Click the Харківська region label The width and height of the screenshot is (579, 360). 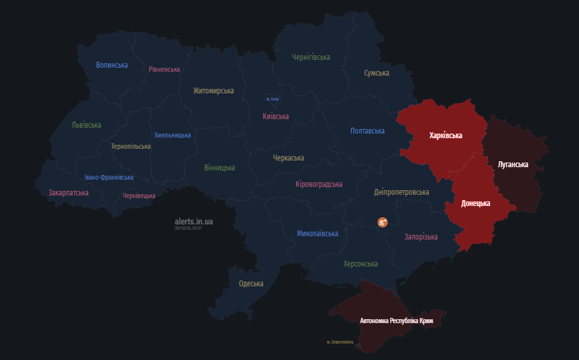click(x=445, y=136)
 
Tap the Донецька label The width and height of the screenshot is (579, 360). click(x=475, y=203)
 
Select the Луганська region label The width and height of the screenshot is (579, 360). click(x=512, y=165)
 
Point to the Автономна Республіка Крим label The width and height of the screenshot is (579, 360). click(x=400, y=321)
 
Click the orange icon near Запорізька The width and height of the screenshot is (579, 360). click(x=383, y=222)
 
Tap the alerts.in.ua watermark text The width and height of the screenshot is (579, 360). click(x=194, y=222)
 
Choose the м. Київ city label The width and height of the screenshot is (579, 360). click(x=273, y=99)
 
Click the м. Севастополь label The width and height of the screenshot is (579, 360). click(x=340, y=342)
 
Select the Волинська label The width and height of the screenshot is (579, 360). click(x=112, y=65)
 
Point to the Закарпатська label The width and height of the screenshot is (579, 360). click(x=69, y=193)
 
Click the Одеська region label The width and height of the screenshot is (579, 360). click(x=251, y=284)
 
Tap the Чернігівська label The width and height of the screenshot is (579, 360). click(x=311, y=57)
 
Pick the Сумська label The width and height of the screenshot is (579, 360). click(x=377, y=73)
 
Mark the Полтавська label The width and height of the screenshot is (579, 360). click(x=367, y=131)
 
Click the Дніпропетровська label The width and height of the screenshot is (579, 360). click(x=401, y=192)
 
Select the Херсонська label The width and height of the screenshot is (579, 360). click(x=360, y=264)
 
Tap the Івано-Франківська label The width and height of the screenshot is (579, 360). click(x=109, y=178)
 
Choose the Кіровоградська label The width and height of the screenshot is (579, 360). click(x=319, y=184)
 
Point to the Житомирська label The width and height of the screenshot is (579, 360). click(x=213, y=91)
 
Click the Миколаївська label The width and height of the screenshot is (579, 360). click(x=317, y=234)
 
